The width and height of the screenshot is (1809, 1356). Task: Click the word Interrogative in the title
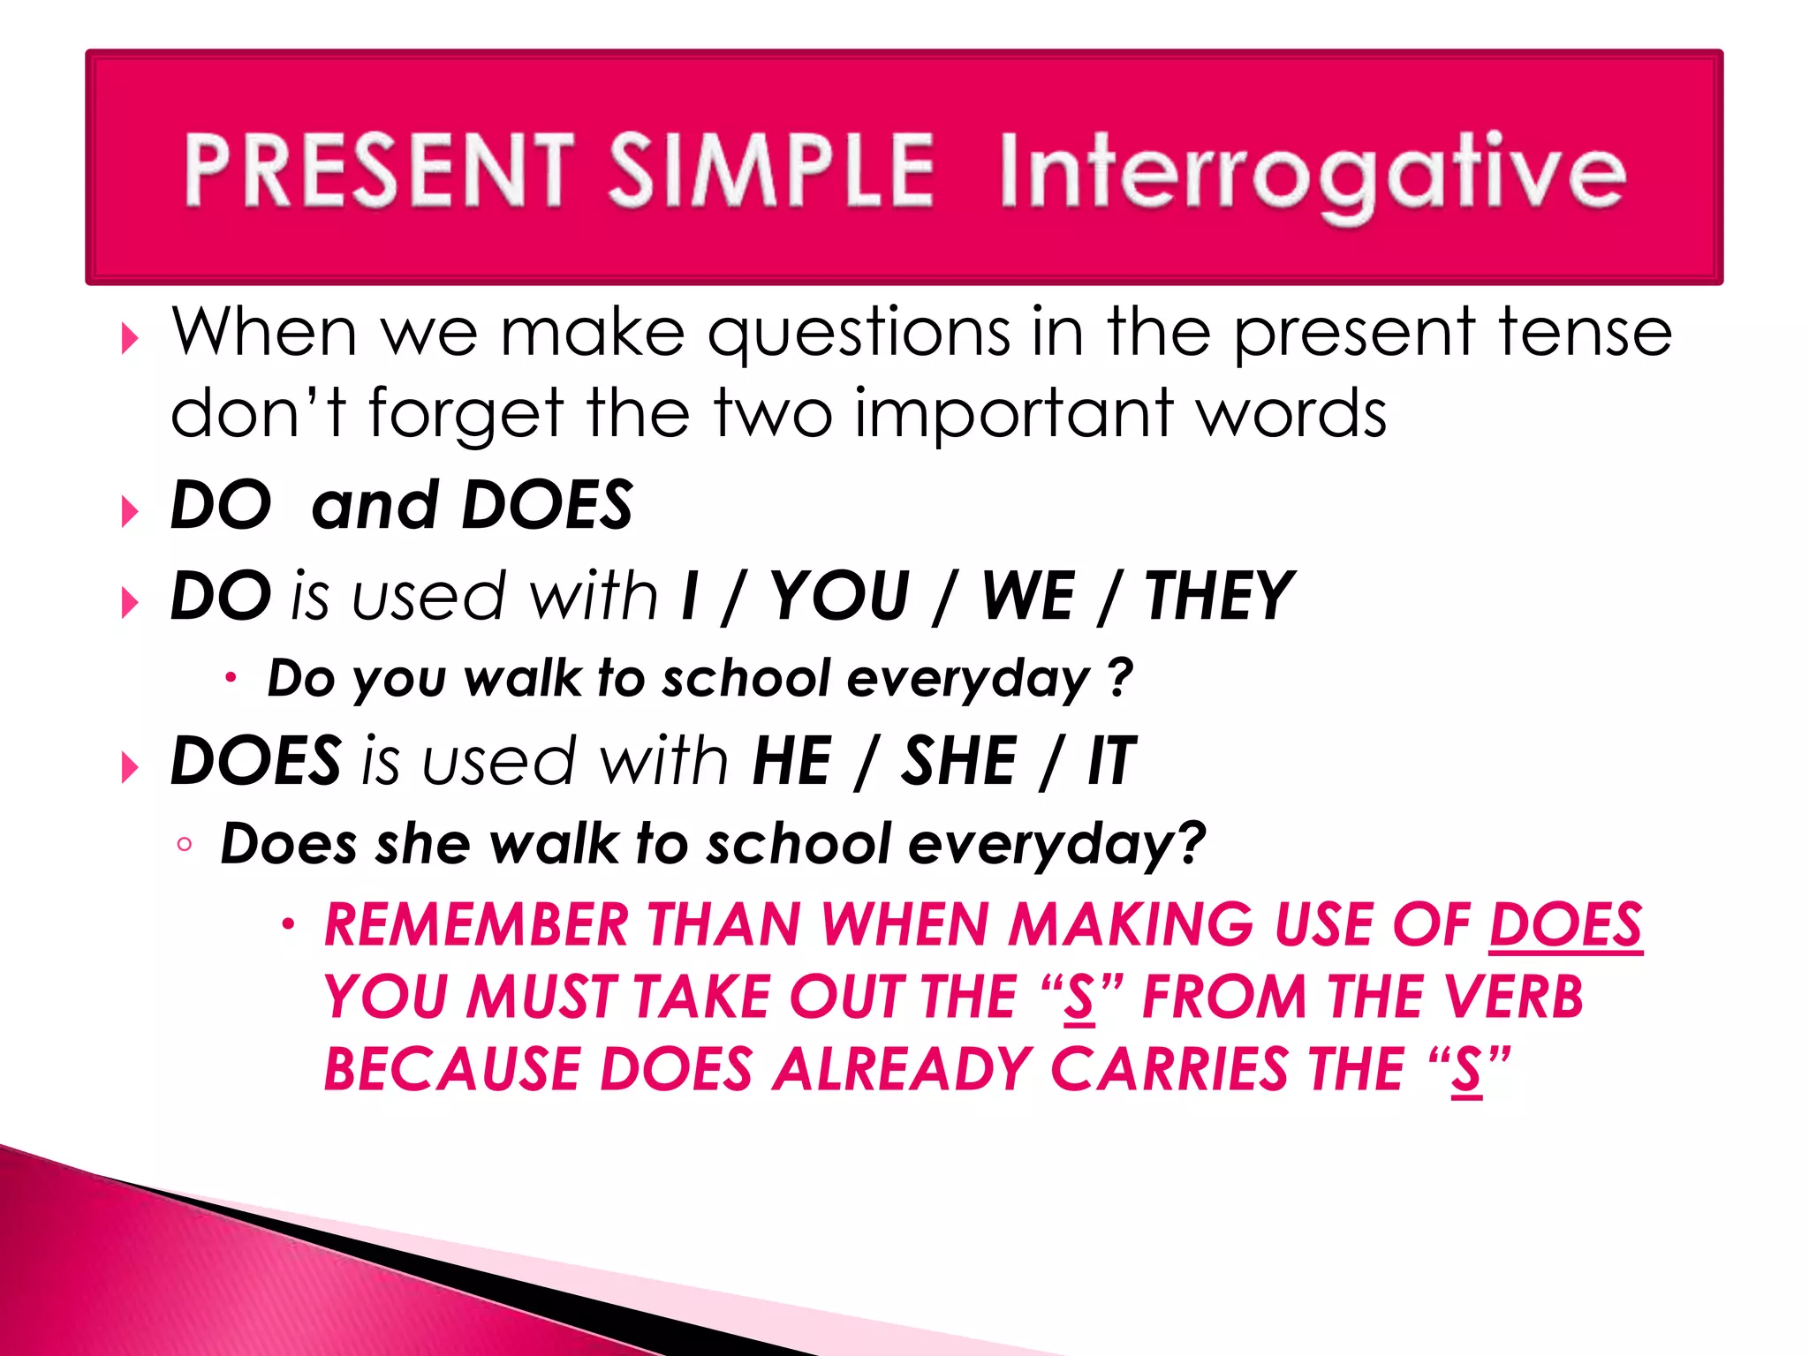[x=1312, y=172]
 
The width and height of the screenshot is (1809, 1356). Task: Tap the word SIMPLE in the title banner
[x=770, y=169]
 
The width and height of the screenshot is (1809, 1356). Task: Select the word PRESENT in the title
[x=380, y=169]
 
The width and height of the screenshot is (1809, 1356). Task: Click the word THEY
[x=1219, y=597]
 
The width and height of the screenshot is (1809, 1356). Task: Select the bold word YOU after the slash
[x=839, y=597]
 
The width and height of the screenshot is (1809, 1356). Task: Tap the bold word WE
[x=1028, y=597]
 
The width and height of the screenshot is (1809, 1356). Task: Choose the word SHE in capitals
[x=958, y=761]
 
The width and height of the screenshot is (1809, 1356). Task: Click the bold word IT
[x=1111, y=761]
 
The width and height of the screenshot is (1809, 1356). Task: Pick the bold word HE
[x=791, y=761]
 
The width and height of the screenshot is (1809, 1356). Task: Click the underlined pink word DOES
[x=1565, y=925]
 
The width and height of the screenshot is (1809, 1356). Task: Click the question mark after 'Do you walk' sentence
[x=1120, y=678]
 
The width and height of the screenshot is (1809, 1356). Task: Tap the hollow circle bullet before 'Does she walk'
[x=184, y=845]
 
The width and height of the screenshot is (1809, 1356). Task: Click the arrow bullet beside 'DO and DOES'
[x=130, y=511]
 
